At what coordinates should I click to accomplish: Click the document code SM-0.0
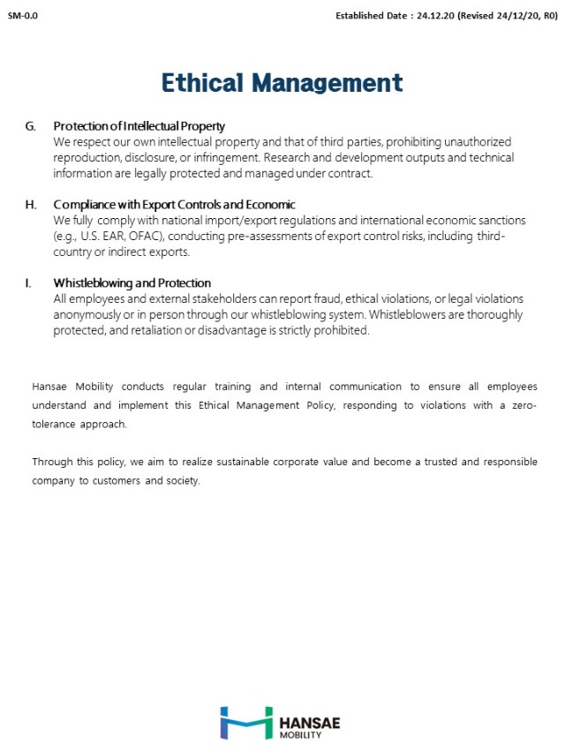point(22,16)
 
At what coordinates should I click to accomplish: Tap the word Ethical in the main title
point(202,82)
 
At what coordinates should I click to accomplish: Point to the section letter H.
point(31,205)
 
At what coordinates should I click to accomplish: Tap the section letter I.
point(28,283)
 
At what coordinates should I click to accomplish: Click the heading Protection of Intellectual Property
point(139,126)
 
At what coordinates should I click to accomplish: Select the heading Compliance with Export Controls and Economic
point(174,205)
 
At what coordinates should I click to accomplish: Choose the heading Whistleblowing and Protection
point(132,283)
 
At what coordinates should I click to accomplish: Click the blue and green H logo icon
point(245,722)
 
